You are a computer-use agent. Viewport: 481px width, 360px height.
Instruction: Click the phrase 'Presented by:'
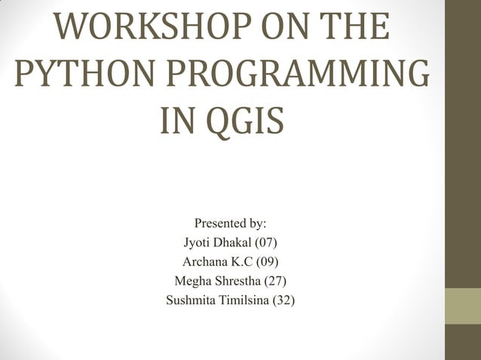click(x=231, y=224)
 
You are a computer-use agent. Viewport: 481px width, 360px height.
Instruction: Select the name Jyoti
click(x=198, y=243)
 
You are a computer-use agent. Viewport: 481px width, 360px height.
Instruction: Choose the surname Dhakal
click(x=234, y=243)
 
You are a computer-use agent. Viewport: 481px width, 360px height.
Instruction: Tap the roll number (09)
click(x=268, y=263)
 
